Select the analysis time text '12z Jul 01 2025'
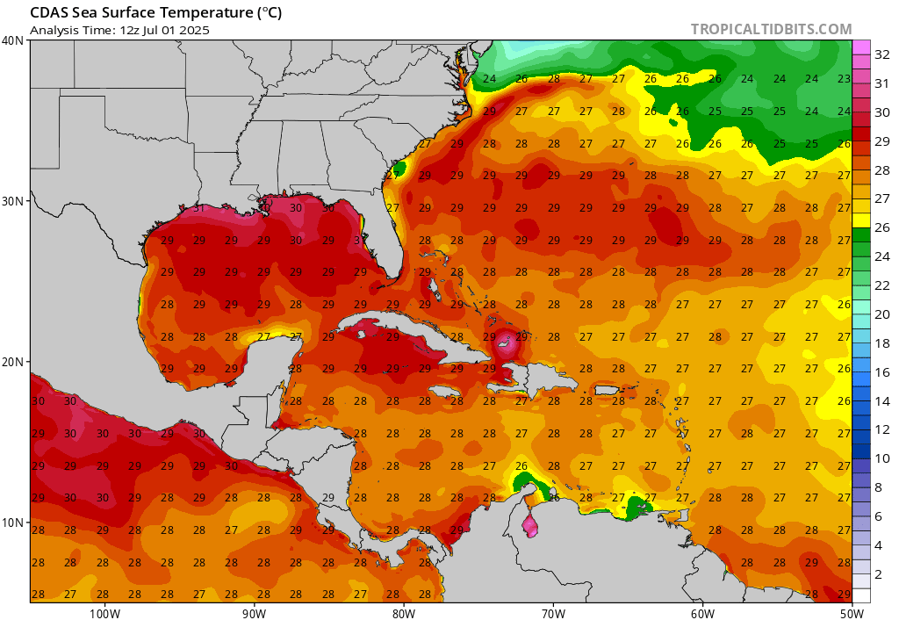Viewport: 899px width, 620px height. click(x=162, y=30)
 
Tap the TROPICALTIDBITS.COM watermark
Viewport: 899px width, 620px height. click(x=771, y=29)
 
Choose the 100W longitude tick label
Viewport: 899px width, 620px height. click(x=104, y=612)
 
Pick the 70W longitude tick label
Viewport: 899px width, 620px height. click(x=552, y=612)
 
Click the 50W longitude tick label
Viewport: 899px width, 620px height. click(x=851, y=612)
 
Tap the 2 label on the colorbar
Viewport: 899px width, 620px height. click(x=879, y=573)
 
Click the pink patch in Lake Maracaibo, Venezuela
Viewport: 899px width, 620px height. click(x=530, y=526)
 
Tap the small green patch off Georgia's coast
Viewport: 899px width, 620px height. click(x=399, y=167)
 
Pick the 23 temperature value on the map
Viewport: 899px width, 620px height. click(x=844, y=78)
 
